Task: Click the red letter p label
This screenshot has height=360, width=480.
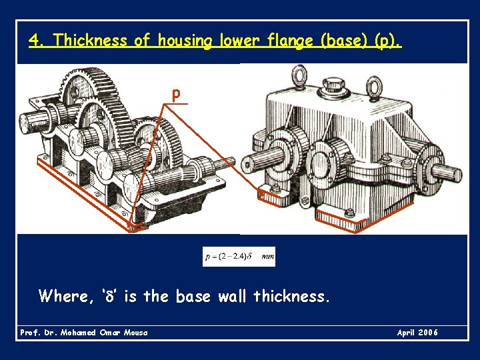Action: [175, 95]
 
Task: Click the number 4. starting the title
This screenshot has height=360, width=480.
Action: [37, 41]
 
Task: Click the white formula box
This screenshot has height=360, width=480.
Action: [239, 257]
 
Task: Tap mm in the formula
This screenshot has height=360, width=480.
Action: [267, 257]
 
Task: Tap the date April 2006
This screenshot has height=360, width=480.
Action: [417, 332]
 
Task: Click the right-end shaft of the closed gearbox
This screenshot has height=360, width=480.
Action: [447, 171]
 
